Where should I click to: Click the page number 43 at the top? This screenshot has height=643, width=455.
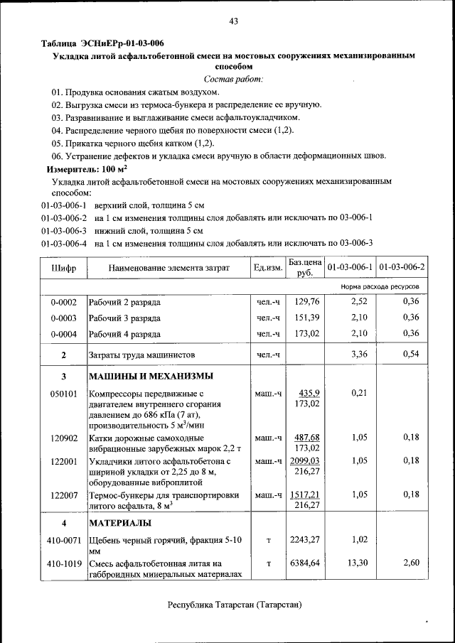coord(233,21)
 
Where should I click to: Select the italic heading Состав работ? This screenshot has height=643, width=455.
coord(233,78)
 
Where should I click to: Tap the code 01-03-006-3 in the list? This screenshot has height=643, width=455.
coord(64,230)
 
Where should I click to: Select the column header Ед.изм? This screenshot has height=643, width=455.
coord(268,268)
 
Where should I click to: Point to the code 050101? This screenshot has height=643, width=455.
coord(64,393)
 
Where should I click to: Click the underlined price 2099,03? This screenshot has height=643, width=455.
coord(306,460)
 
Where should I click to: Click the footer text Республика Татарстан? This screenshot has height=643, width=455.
coord(235,605)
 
